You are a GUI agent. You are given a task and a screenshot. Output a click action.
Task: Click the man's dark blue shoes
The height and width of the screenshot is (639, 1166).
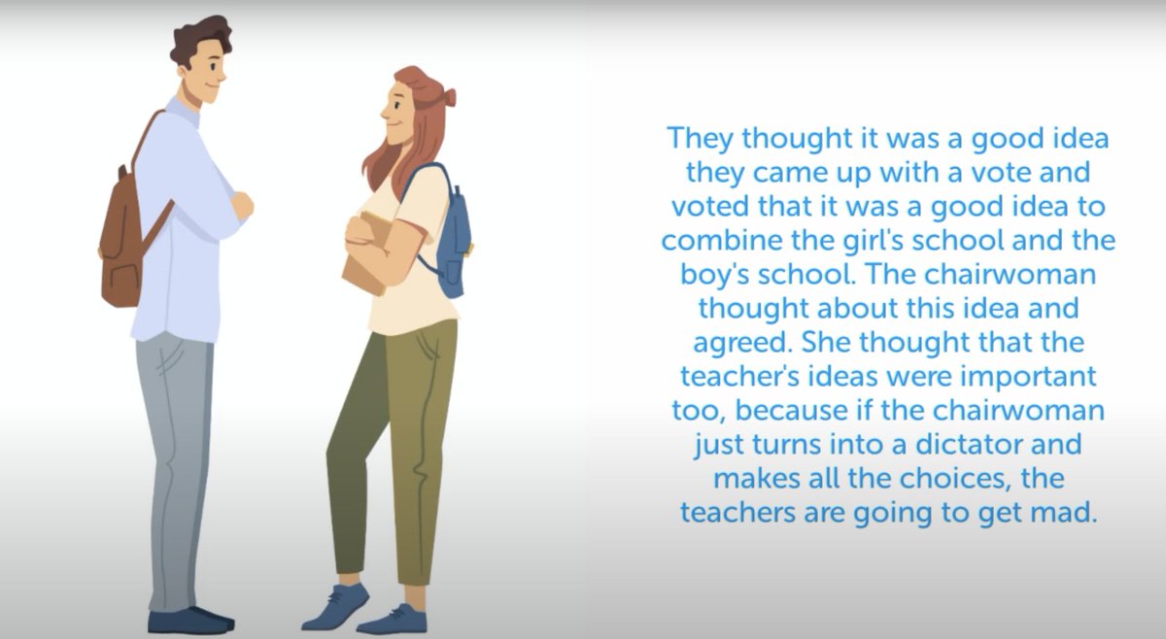[x=189, y=620]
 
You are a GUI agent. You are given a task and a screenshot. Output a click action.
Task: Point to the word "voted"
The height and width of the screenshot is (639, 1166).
[x=703, y=207]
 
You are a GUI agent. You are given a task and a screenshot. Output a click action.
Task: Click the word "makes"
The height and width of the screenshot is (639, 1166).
[x=754, y=479]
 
